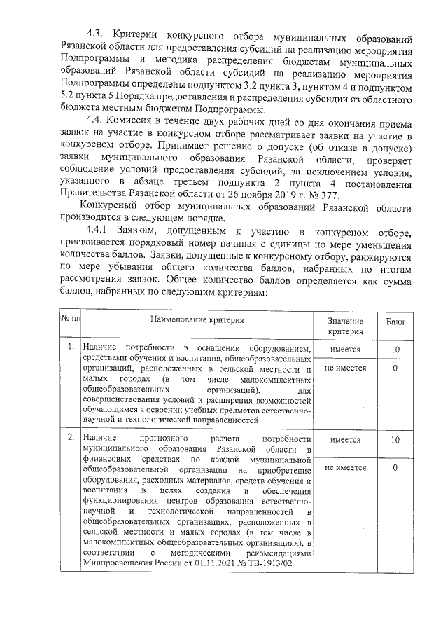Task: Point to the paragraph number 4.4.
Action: [96, 120]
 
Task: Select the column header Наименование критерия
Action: [195, 319]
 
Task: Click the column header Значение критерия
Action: [345, 325]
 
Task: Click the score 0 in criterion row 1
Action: [395, 368]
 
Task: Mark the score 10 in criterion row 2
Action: [395, 440]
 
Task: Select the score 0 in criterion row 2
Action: [395, 467]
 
